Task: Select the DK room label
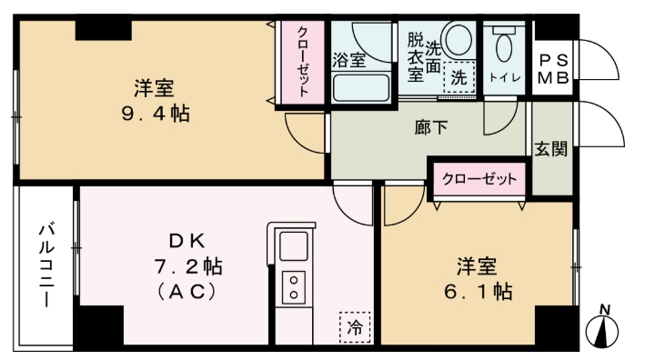pos(190,241)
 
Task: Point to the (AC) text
pos(191,293)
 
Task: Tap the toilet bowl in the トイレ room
pos(503,45)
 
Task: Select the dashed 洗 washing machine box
pos(459,78)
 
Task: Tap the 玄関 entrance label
pos(551,148)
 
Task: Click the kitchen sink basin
pos(293,246)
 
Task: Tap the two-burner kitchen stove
pos(293,287)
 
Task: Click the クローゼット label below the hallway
pos(479,178)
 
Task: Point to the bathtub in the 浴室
pos(360,88)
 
